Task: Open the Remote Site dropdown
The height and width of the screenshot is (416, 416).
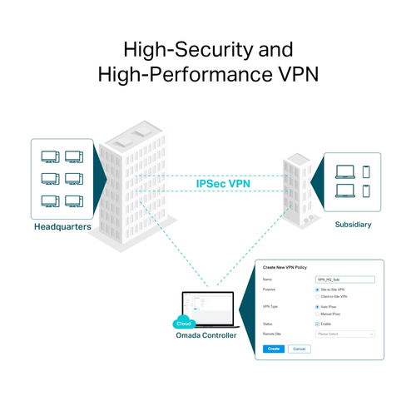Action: point(345,334)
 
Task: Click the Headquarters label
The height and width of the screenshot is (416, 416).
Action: point(62,226)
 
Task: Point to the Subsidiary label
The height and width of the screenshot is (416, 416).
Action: point(353,224)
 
